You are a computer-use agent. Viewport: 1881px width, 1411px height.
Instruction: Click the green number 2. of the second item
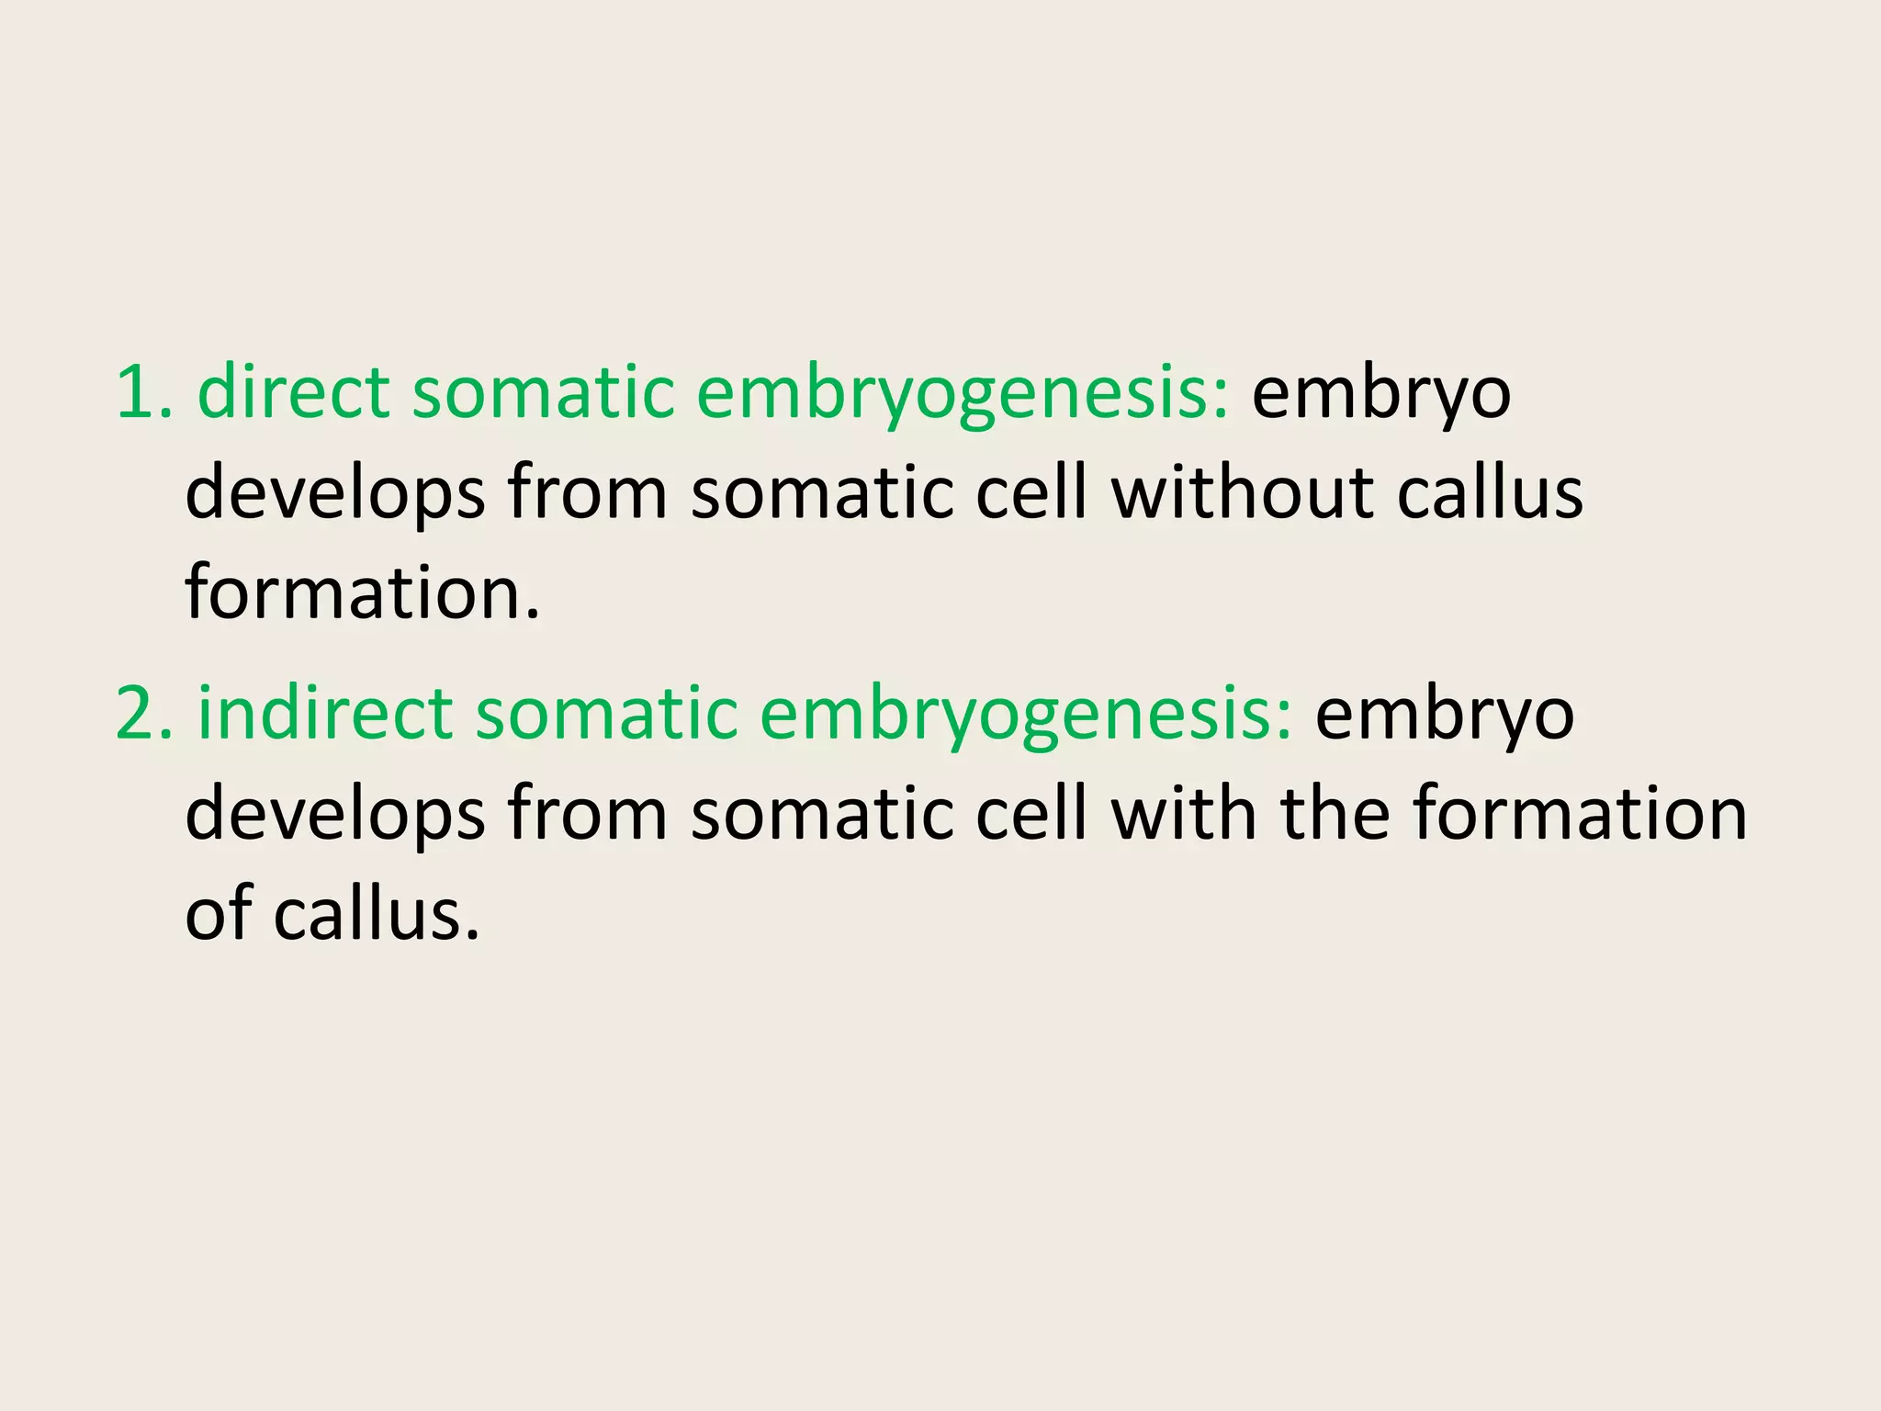[x=144, y=714]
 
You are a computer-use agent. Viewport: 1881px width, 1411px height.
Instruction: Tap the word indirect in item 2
[x=325, y=714]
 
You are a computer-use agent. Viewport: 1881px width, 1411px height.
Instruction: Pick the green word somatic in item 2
[x=606, y=714]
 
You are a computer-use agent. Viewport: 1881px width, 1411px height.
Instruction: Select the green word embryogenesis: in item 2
[x=1026, y=716]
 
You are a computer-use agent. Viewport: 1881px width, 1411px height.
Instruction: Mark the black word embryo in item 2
[x=1445, y=716]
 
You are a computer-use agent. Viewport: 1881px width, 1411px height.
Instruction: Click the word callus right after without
[x=1490, y=492]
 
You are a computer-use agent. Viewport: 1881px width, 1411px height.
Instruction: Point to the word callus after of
[x=377, y=914]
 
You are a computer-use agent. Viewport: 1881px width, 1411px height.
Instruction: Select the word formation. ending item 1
[x=363, y=593]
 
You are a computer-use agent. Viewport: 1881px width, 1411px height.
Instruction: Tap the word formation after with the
[x=1579, y=814]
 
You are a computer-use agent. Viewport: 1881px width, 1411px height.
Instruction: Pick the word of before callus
[x=219, y=914]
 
